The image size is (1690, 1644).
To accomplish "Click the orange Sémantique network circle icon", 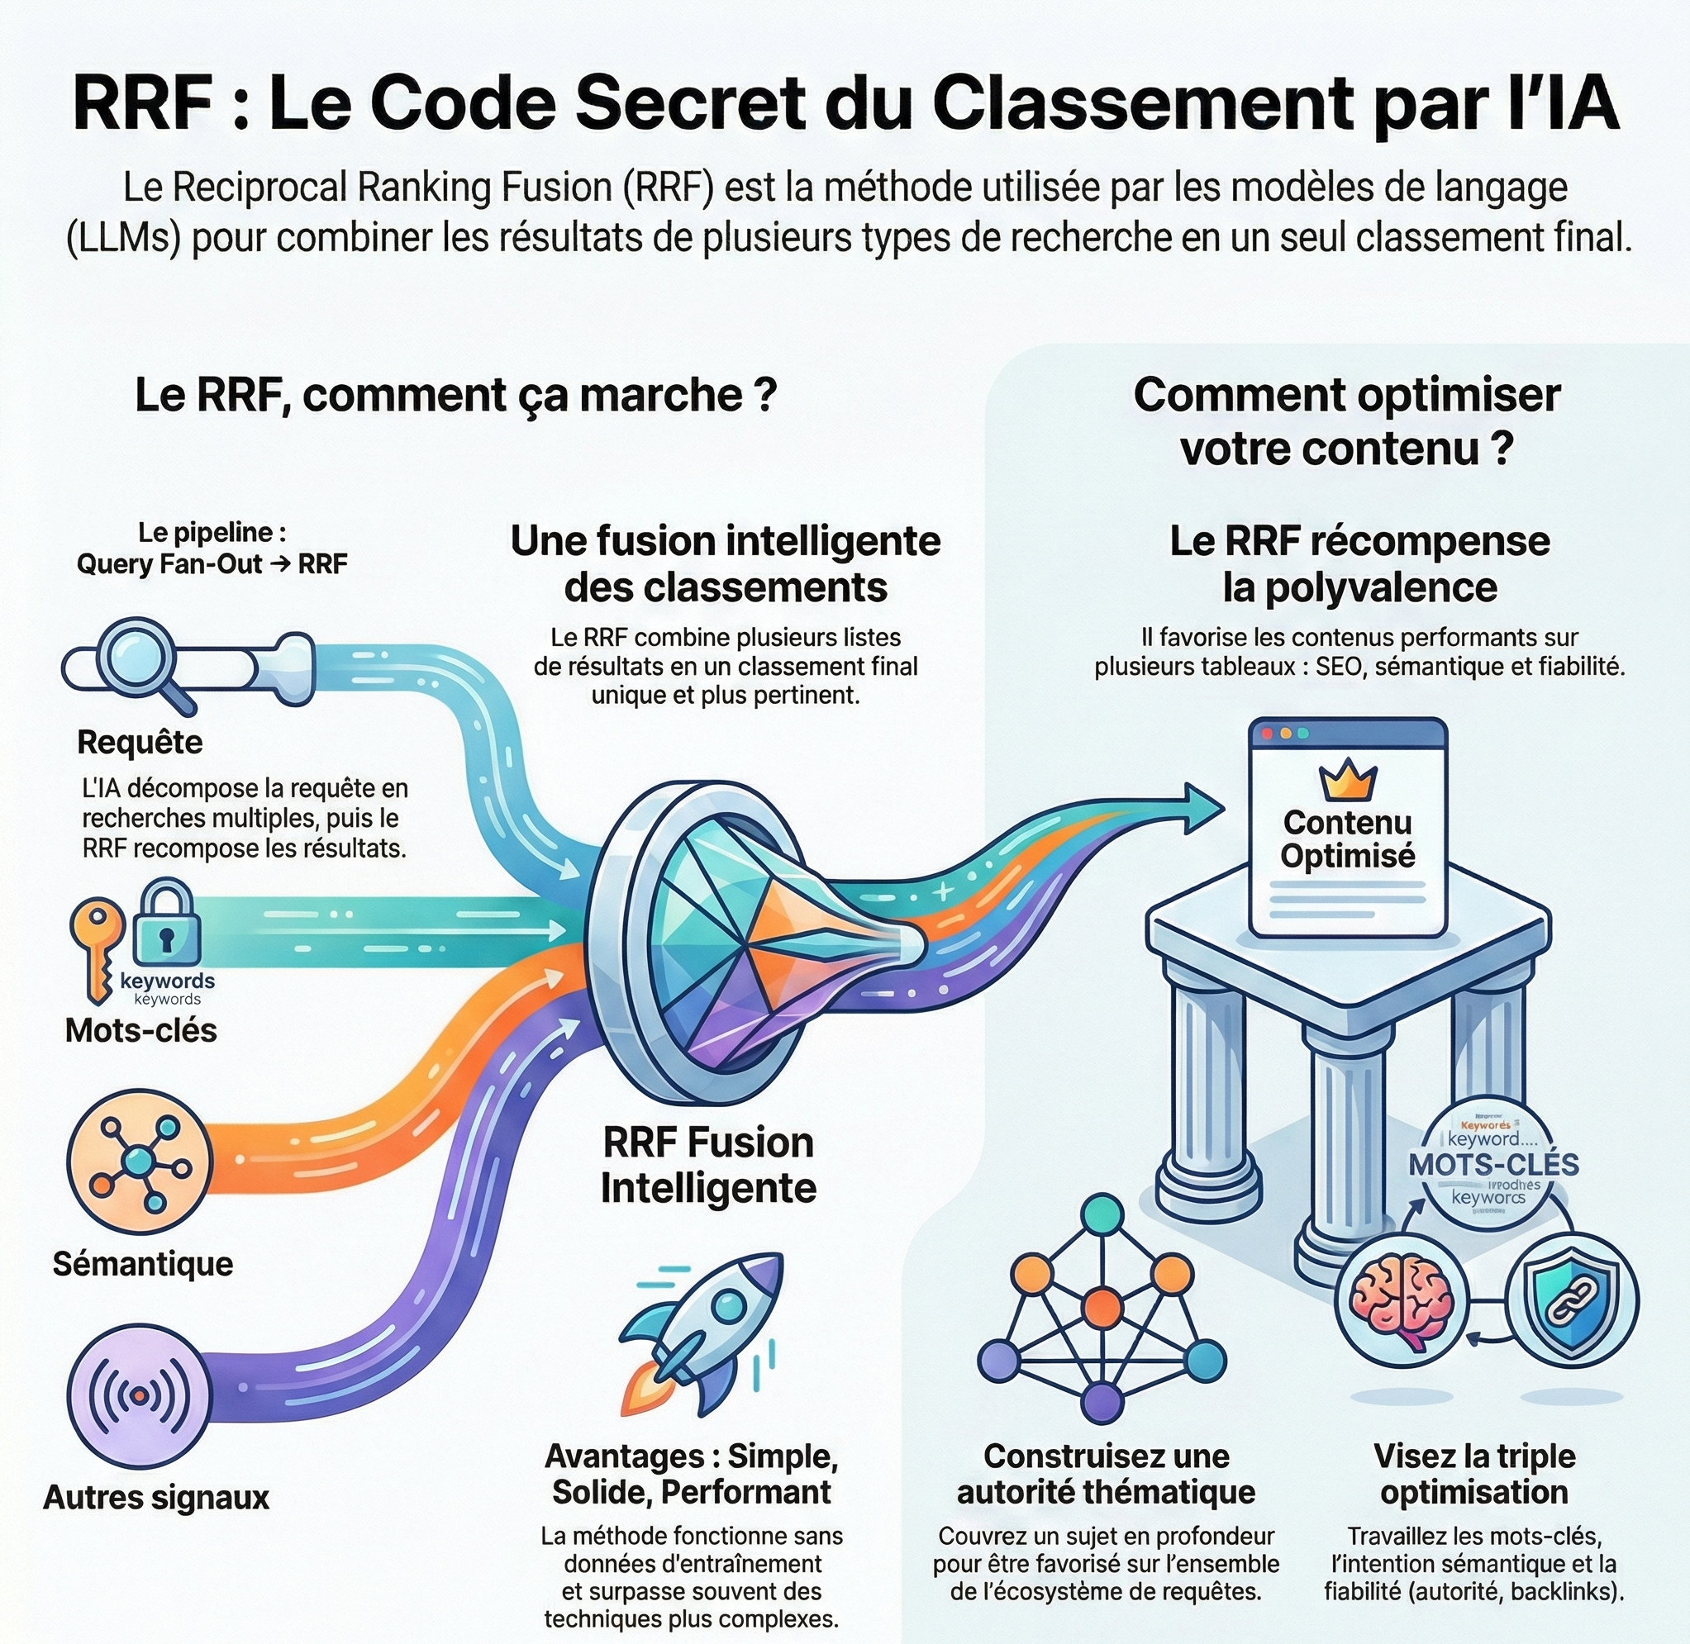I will pos(138,1162).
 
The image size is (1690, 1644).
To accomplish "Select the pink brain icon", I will pos(1401,1300).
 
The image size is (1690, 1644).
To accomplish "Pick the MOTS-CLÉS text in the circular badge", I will pos(1494,1164).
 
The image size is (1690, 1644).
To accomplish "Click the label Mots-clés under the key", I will pos(140,1030).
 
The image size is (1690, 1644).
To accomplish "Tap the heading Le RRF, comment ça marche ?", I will pos(456,396).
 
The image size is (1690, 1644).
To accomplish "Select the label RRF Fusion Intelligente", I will pos(708,1165).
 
